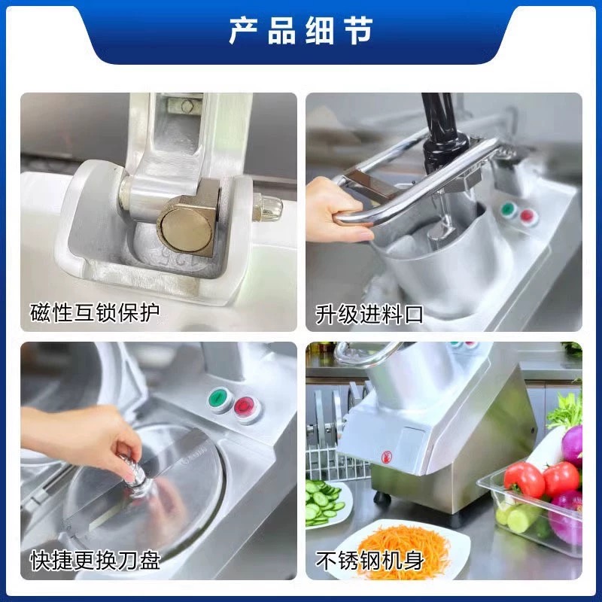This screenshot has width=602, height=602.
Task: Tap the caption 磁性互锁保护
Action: point(96,312)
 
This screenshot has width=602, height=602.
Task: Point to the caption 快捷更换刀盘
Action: point(96,560)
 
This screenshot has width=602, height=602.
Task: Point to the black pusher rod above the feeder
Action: point(439,124)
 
